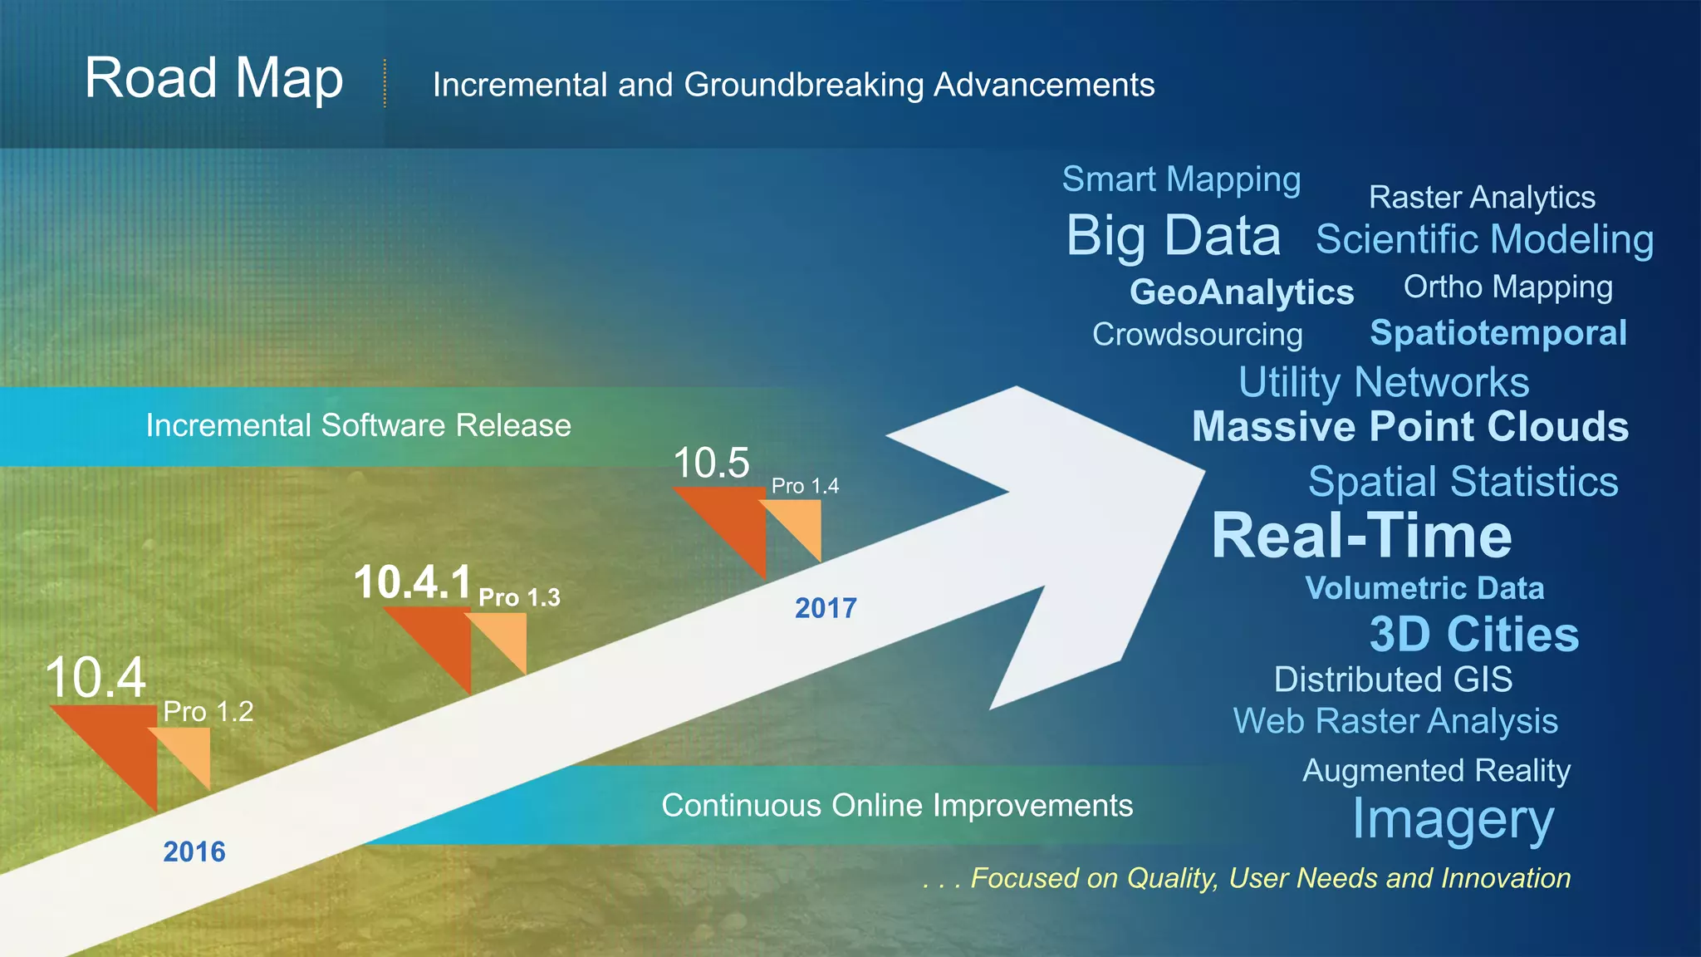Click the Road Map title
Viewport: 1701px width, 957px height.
click(x=213, y=79)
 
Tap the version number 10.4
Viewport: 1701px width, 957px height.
click(x=96, y=677)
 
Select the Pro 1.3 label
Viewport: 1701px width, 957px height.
click(x=519, y=597)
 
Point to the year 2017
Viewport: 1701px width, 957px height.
click(x=825, y=608)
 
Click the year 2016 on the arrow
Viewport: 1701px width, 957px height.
click(x=194, y=851)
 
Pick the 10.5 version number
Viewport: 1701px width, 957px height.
click(x=711, y=463)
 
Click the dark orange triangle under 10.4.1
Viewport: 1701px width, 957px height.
click(x=440, y=640)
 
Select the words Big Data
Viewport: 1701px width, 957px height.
click(x=1173, y=236)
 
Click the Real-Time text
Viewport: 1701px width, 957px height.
click(x=1361, y=536)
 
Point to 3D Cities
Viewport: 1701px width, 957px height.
click(x=1473, y=635)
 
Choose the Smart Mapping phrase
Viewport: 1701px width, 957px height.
click(x=1181, y=180)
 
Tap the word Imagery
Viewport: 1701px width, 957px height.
click(x=1453, y=820)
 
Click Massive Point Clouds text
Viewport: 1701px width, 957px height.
click(x=1409, y=427)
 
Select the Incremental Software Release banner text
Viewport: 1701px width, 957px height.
click(x=358, y=425)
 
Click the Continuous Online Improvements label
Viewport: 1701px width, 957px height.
click(x=897, y=806)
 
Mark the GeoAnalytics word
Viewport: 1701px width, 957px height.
click(x=1241, y=292)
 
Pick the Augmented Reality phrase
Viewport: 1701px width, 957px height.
click(x=1436, y=771)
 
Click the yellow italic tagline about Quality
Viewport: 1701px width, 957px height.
click(x=1246, y=878)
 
